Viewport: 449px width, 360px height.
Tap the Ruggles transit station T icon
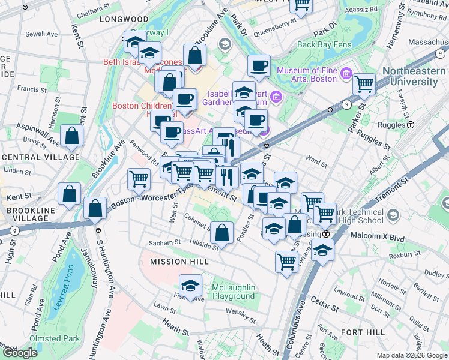coord(411,125)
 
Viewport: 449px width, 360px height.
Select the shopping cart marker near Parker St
coord(364,85)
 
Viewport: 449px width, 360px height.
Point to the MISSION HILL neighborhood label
coord(171,262)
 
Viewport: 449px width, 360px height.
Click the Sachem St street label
coord(164,242)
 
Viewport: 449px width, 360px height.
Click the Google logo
coord(20,353)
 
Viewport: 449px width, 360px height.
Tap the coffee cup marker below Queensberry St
coord(259,67)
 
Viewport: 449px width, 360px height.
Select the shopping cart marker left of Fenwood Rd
coord(139,179)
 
